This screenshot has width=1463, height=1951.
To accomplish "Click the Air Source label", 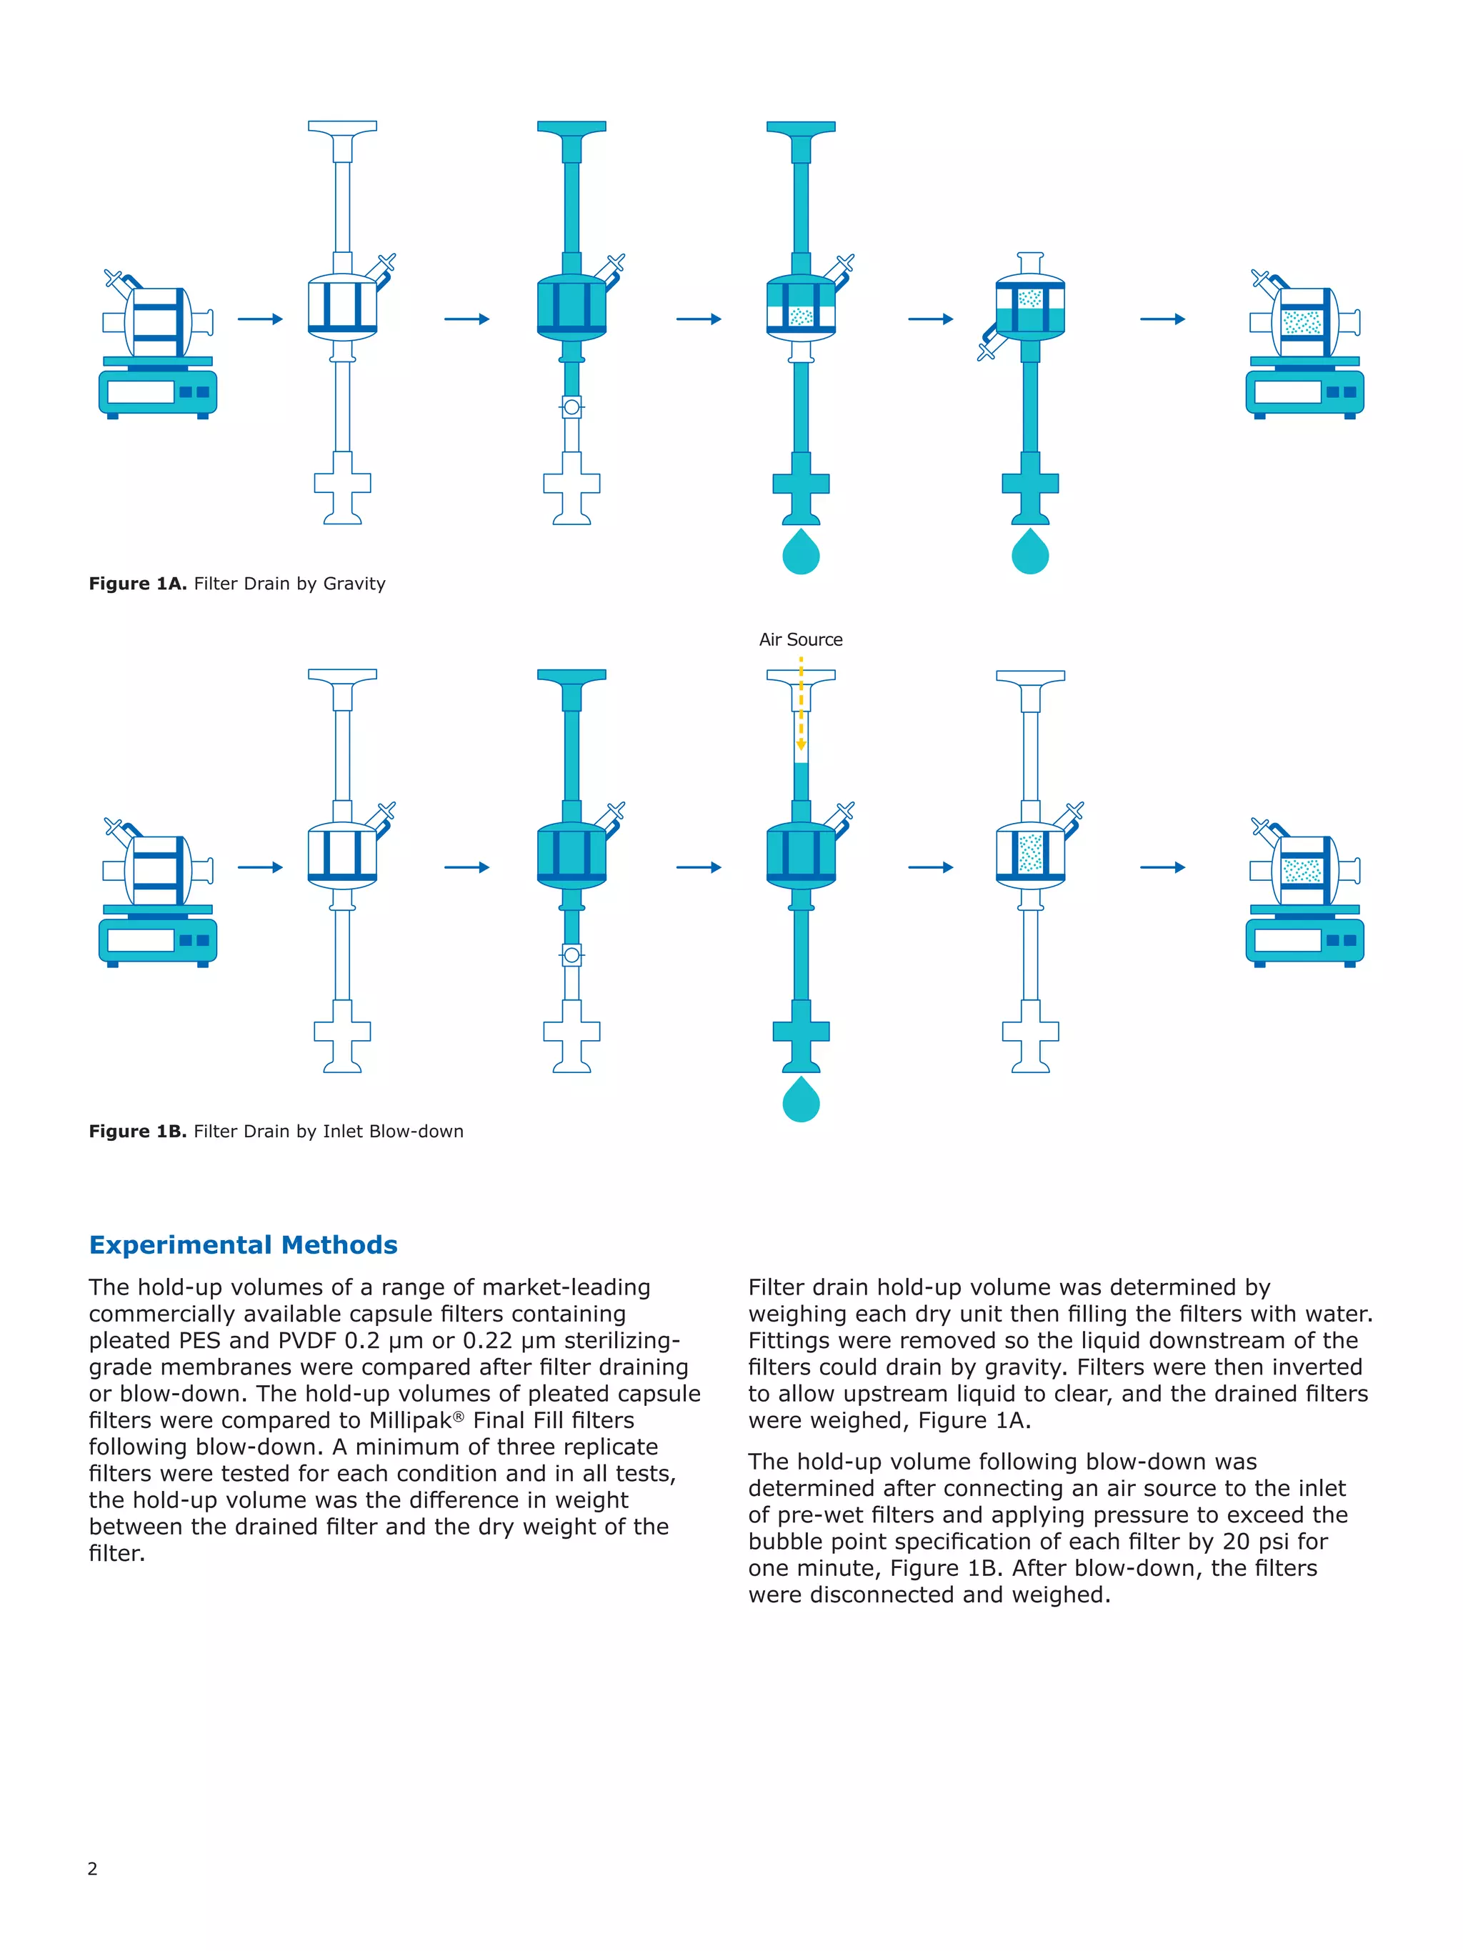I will [x=800, y=639].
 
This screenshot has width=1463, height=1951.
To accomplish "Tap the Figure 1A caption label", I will [x=236, y=583].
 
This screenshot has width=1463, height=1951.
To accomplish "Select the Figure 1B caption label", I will [x=275, y=1131].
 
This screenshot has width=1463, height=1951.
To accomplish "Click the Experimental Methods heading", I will [x=244, y=1244].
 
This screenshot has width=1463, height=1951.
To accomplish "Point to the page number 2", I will [x=93, y=1868].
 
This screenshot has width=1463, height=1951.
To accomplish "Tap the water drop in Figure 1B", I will [x=801, y=1100].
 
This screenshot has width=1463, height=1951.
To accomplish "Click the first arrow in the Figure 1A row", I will [x=260, y=319].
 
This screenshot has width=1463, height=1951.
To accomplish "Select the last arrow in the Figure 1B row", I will [x=1162, y=867].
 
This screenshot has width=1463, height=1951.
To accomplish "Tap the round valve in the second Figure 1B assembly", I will [x=571, y=955].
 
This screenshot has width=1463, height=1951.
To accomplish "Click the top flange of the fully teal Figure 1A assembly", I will [x=571, y=127].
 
